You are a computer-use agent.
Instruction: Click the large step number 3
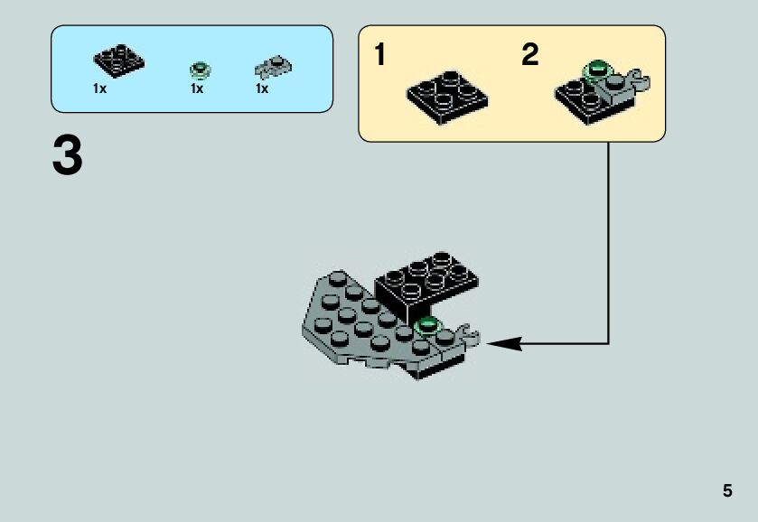point(68,156)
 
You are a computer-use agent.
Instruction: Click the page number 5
point(727,491)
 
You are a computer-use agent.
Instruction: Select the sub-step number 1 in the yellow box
point(380,56)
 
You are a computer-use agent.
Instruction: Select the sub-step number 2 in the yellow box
point(530,56)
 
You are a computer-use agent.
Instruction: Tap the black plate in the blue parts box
point(119,62)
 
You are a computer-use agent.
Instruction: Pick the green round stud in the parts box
point(199,70)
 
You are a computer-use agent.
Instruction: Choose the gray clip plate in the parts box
point(273,66)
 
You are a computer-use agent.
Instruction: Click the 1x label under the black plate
point(99,89)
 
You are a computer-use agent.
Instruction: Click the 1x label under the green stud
point(197,89)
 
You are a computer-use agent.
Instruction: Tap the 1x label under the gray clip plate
point(262,89)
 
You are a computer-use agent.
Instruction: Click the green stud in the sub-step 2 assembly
point(596,67)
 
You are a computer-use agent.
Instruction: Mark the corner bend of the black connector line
point(608,343)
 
